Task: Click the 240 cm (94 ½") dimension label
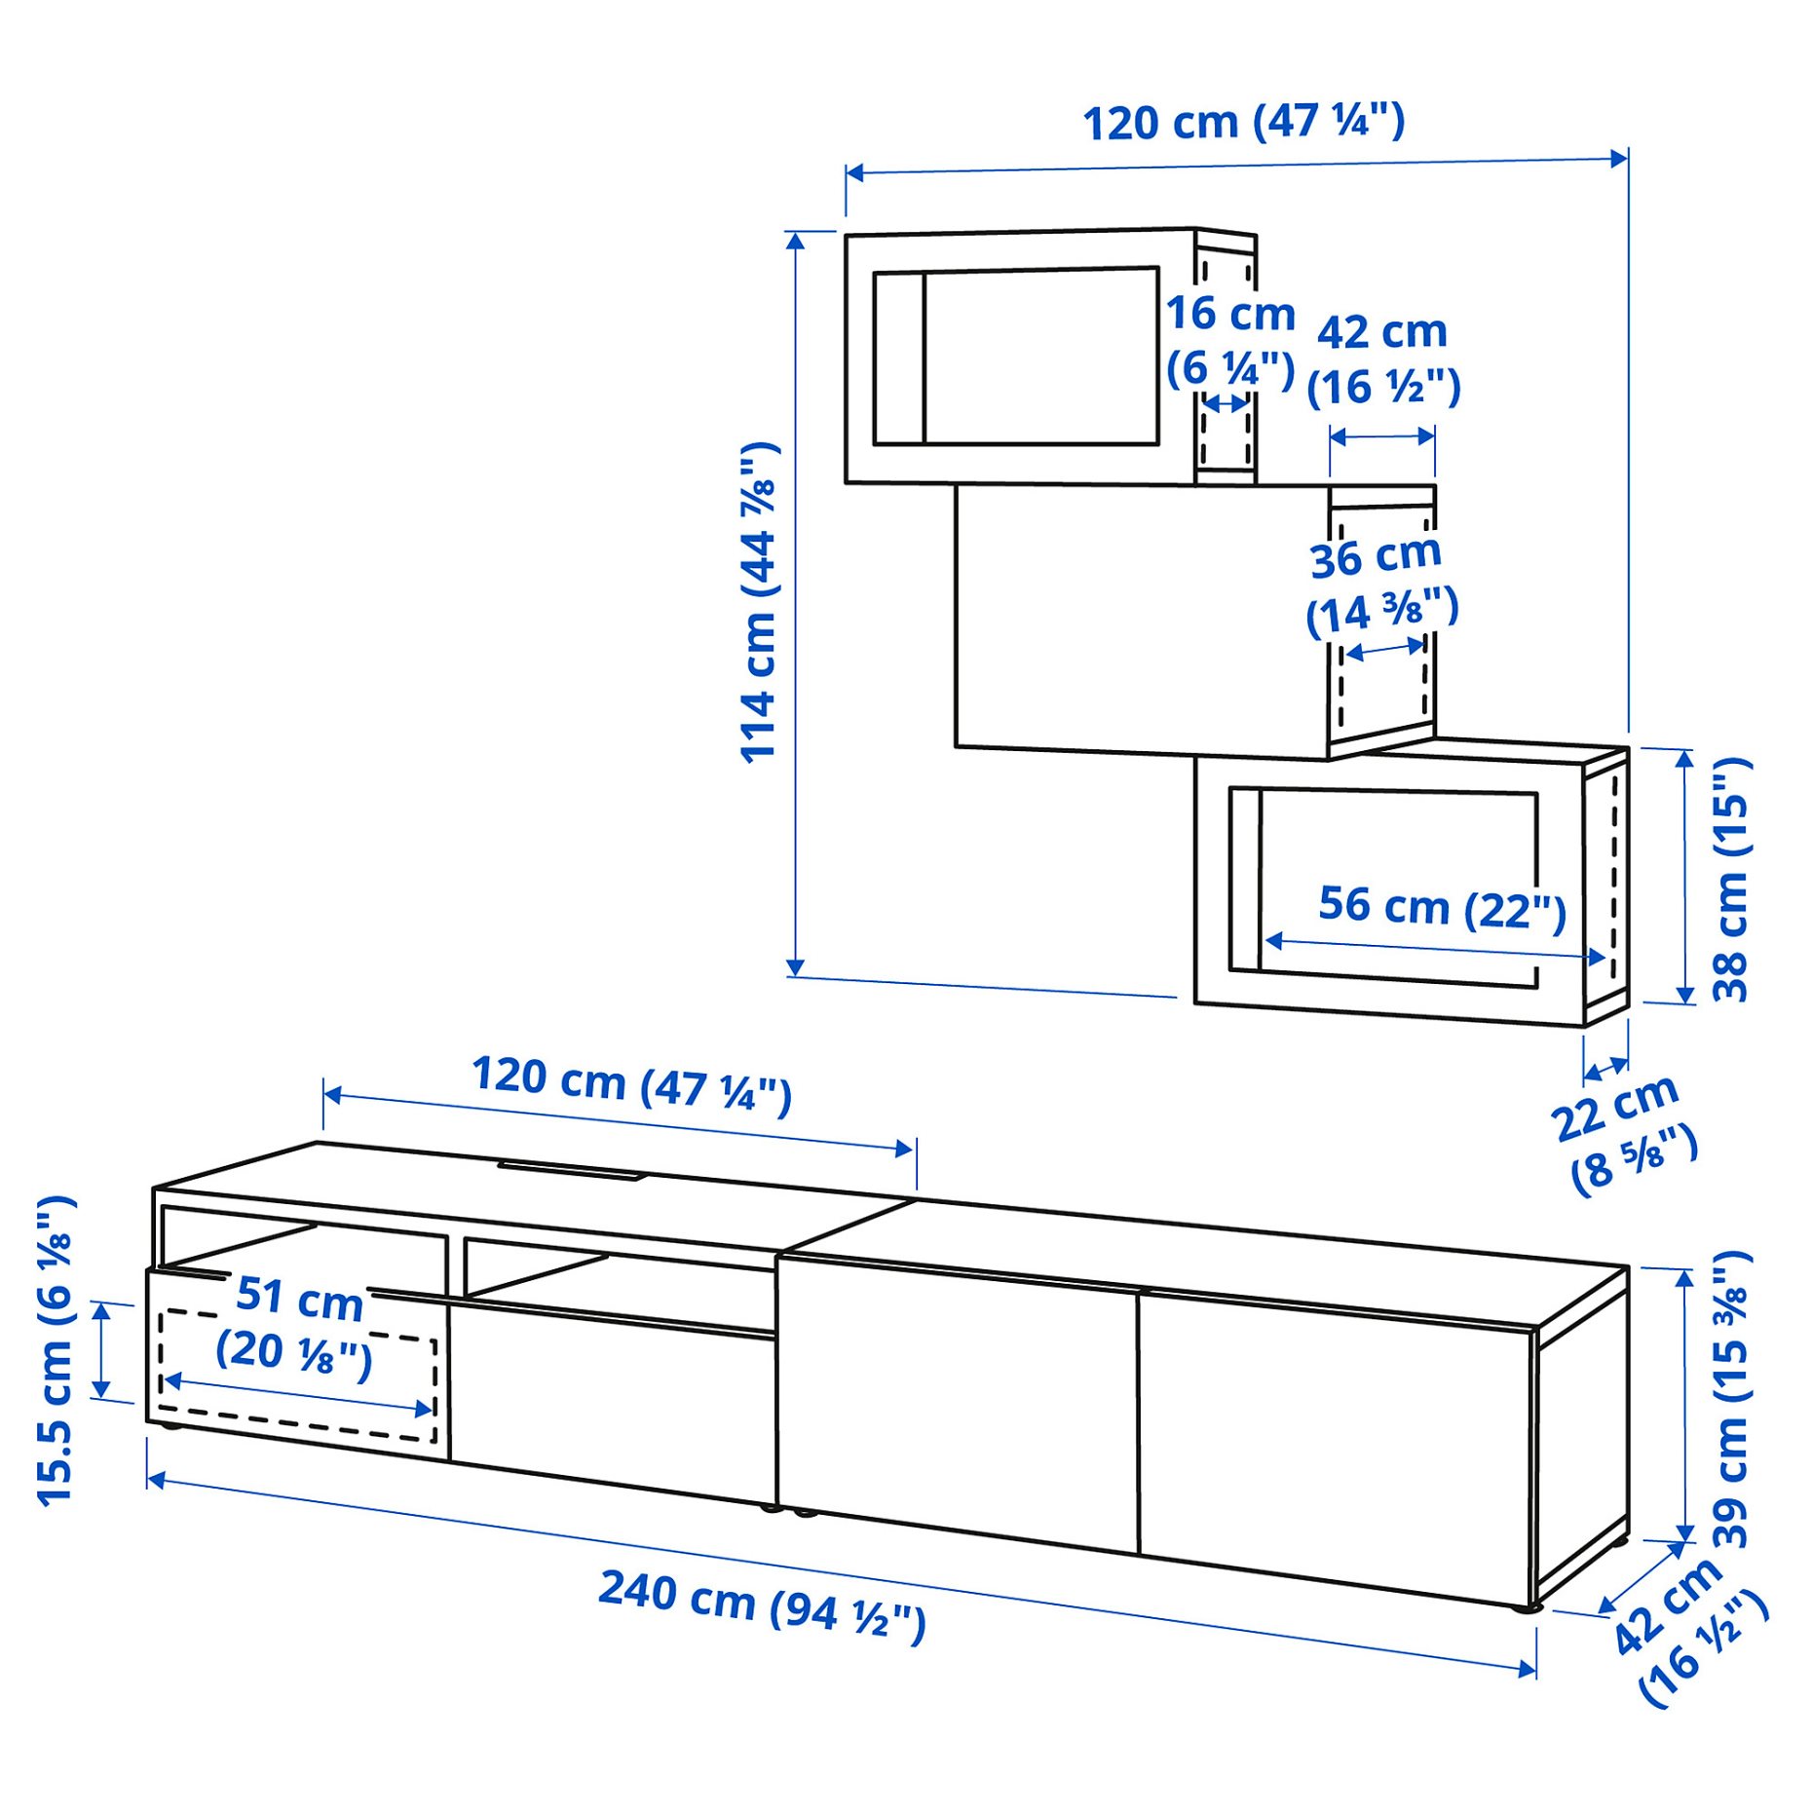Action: [762, 1604]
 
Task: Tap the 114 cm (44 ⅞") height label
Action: [759, 603]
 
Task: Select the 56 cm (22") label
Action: [1442, 908]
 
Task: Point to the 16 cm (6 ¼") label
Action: [1230, 340]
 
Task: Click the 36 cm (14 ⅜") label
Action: [1380, 585]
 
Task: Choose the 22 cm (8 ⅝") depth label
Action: [1622, 1134]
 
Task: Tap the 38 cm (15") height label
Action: [1731, 879]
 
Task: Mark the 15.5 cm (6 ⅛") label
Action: [56, 1350]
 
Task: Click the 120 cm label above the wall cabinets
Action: [1243, 123]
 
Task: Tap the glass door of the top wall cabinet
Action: [1016, 358]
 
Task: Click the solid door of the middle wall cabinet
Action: [1140, 620]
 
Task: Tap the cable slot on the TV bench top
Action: [572, 1169]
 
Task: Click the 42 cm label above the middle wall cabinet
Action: [1382, 359]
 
